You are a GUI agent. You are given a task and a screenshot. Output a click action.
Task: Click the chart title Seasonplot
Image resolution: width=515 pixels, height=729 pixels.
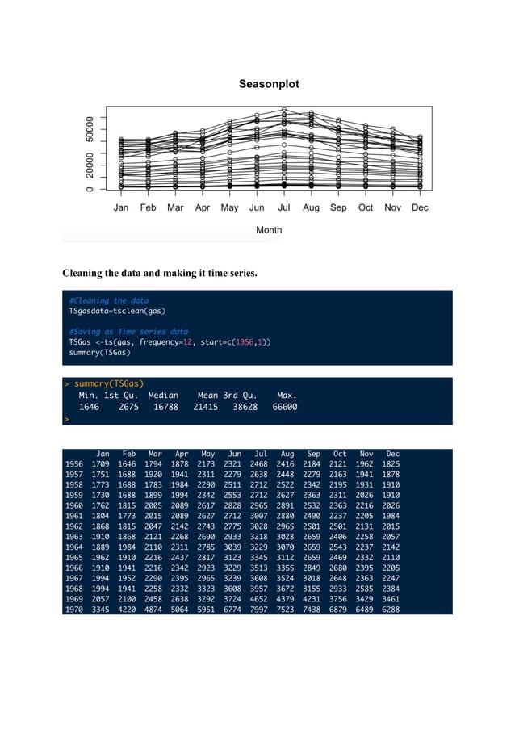tap(269, 84)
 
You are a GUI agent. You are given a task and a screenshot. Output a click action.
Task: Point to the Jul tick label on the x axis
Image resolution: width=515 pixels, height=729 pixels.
tap(283, 207)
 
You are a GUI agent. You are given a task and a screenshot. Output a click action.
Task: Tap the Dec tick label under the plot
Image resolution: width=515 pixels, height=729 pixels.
tap(419, 207)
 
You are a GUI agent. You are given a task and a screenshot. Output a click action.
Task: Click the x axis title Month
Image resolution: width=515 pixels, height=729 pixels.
tap(269, 230)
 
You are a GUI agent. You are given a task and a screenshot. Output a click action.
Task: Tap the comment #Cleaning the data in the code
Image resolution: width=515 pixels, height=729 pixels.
tap(108, 300)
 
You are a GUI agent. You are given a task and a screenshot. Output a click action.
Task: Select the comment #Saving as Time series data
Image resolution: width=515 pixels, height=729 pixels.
tap(128, 331)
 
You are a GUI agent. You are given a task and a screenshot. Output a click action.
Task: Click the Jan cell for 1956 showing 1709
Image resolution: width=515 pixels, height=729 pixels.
tap(101, 465)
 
